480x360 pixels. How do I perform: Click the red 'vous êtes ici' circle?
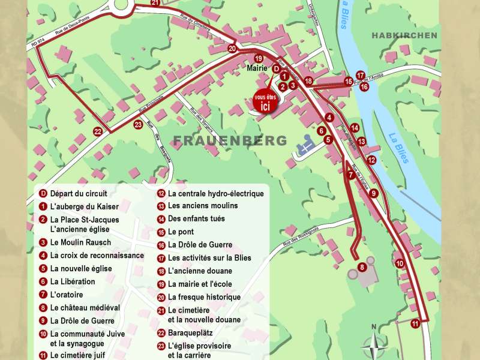[x=262, y=102]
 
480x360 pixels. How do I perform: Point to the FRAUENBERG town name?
[x=230, y=140]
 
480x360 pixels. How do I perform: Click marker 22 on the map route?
[x=97, y=131]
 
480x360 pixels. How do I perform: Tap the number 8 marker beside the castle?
[x=361, y=266]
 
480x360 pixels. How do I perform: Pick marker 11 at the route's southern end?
[x=415, y=323]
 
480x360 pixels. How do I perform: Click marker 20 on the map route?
[x=232, y=49]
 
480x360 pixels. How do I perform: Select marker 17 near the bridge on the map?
[x=361, y=75]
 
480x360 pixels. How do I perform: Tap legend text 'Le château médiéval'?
[x=85, y=308]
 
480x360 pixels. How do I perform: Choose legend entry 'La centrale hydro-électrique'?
[x=215, y=194]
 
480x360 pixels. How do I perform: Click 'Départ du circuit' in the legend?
[x=79, y=194]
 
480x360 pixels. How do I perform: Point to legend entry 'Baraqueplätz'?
[x=190, y=333]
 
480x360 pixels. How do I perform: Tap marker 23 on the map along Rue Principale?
[x=138, y=125]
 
